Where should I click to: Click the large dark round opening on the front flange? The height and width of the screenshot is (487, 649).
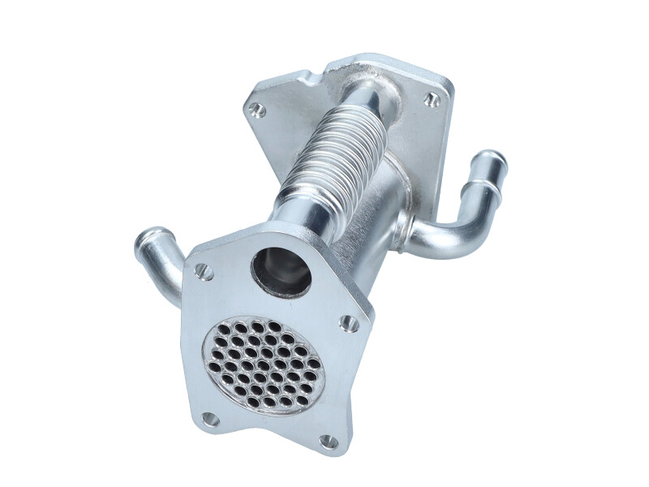point(281,272)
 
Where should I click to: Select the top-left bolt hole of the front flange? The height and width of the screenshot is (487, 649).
point(203,272)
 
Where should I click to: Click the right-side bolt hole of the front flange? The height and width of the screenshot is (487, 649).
point(350,323)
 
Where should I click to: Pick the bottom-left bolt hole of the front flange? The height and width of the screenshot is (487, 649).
point(210,419)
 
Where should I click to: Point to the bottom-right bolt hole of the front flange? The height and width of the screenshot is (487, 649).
point(329,442)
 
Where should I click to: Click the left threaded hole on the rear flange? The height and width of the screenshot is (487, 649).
point(257,110)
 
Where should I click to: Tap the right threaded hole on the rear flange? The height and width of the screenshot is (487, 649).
point(433,100)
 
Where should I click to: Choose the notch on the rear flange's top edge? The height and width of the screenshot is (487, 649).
point(312,76)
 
